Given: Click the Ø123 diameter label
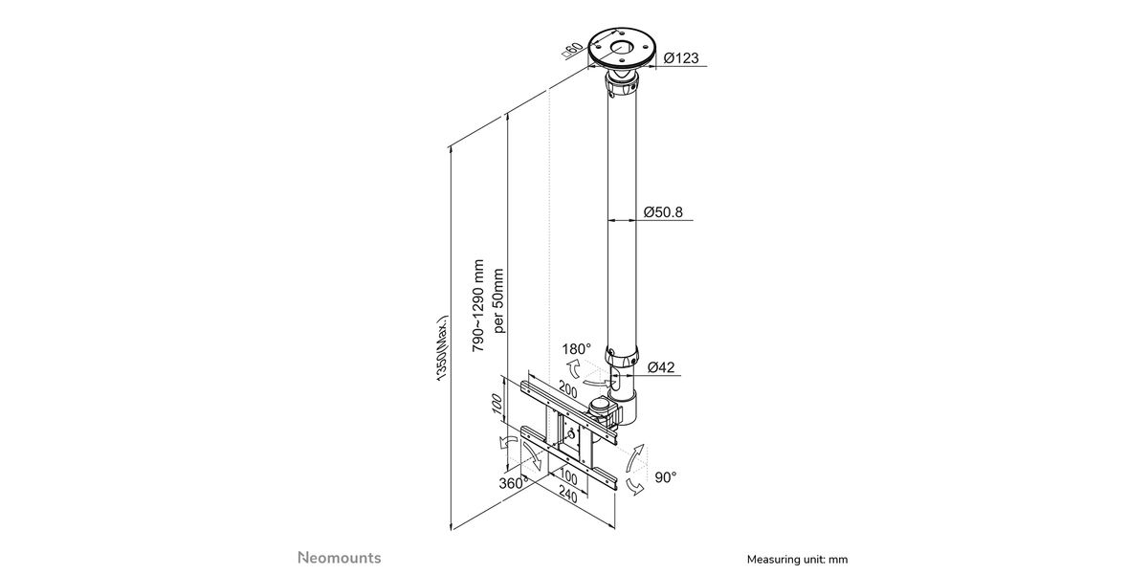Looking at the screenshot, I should click(x=680, y=58).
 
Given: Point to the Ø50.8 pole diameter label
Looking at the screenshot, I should click(x=663, y=211).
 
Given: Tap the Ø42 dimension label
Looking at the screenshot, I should click(x=662, y=366).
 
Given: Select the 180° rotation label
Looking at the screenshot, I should click(x=578, y=349).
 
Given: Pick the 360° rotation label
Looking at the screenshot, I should click(x=512, y=482).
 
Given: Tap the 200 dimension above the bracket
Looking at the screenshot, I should click(x=568, y=391).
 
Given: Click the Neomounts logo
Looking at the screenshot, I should click(x=339, y=557).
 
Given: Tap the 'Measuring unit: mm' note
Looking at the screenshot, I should click(x=797, y=559).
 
